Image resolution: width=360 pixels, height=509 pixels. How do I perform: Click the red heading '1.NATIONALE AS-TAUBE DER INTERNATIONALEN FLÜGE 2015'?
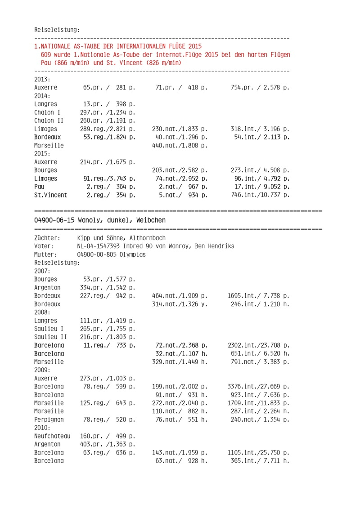tap(118, 46)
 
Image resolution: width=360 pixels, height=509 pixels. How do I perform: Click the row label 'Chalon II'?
tap(49, 120)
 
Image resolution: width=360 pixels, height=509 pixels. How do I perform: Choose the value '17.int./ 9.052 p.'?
tap(261, 187)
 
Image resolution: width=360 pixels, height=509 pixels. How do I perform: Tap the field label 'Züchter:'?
tap(47, 238)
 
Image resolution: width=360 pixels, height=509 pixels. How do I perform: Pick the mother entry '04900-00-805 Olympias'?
tap(112, 254)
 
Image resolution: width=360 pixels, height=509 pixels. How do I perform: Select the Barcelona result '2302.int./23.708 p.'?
tap(258, 345)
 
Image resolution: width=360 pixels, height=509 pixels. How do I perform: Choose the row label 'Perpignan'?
tap(49, 419)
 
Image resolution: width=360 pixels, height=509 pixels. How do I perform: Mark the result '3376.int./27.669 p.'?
tap(258, 386)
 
